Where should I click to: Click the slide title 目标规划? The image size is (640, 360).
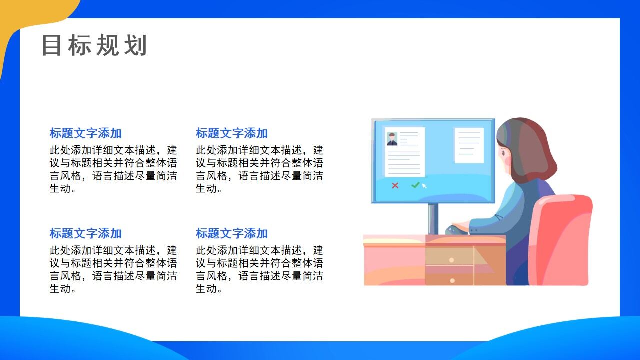tap(94, 46)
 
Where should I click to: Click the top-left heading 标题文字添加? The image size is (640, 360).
tap(85, 133)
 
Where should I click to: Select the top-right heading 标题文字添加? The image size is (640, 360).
tap(231, 133)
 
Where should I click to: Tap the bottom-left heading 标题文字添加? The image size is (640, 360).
tap(85, 233)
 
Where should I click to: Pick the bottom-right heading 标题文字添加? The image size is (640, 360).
tap(231, 233)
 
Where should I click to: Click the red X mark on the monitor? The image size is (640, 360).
tap(395, 185)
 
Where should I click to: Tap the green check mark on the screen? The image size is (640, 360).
tap(415, 185)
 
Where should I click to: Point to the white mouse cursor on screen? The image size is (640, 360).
tap(424, 186)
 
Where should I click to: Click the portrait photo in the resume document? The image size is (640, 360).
tap(392, 139)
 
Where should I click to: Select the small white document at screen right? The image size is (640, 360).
tap(469, 145)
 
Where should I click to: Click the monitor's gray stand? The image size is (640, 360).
tap(433, 218)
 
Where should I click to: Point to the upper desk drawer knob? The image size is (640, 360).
tap(451, 260)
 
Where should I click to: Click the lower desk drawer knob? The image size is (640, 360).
tap(452, 280)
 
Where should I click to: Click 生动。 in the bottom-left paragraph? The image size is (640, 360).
tap(63, 289)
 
